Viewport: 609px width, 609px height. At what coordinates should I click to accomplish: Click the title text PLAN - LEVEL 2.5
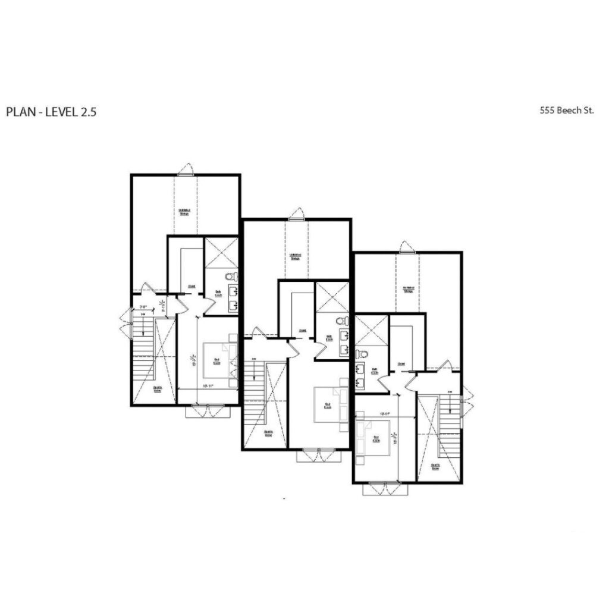51,112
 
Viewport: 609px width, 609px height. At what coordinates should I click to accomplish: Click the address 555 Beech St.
567,110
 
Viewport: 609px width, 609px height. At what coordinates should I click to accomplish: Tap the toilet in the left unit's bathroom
232,277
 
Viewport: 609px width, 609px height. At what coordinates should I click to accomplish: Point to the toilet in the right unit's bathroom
362,354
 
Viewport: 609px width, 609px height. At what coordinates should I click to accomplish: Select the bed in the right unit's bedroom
373,438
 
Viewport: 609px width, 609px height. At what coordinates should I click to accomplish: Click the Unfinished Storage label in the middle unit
296,256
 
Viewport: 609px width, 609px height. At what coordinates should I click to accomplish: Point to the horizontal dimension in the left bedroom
207,387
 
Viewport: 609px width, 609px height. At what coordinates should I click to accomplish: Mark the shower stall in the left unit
221,252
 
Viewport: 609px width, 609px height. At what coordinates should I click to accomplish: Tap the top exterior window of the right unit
407,247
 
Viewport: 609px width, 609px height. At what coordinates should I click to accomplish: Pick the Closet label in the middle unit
303,331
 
